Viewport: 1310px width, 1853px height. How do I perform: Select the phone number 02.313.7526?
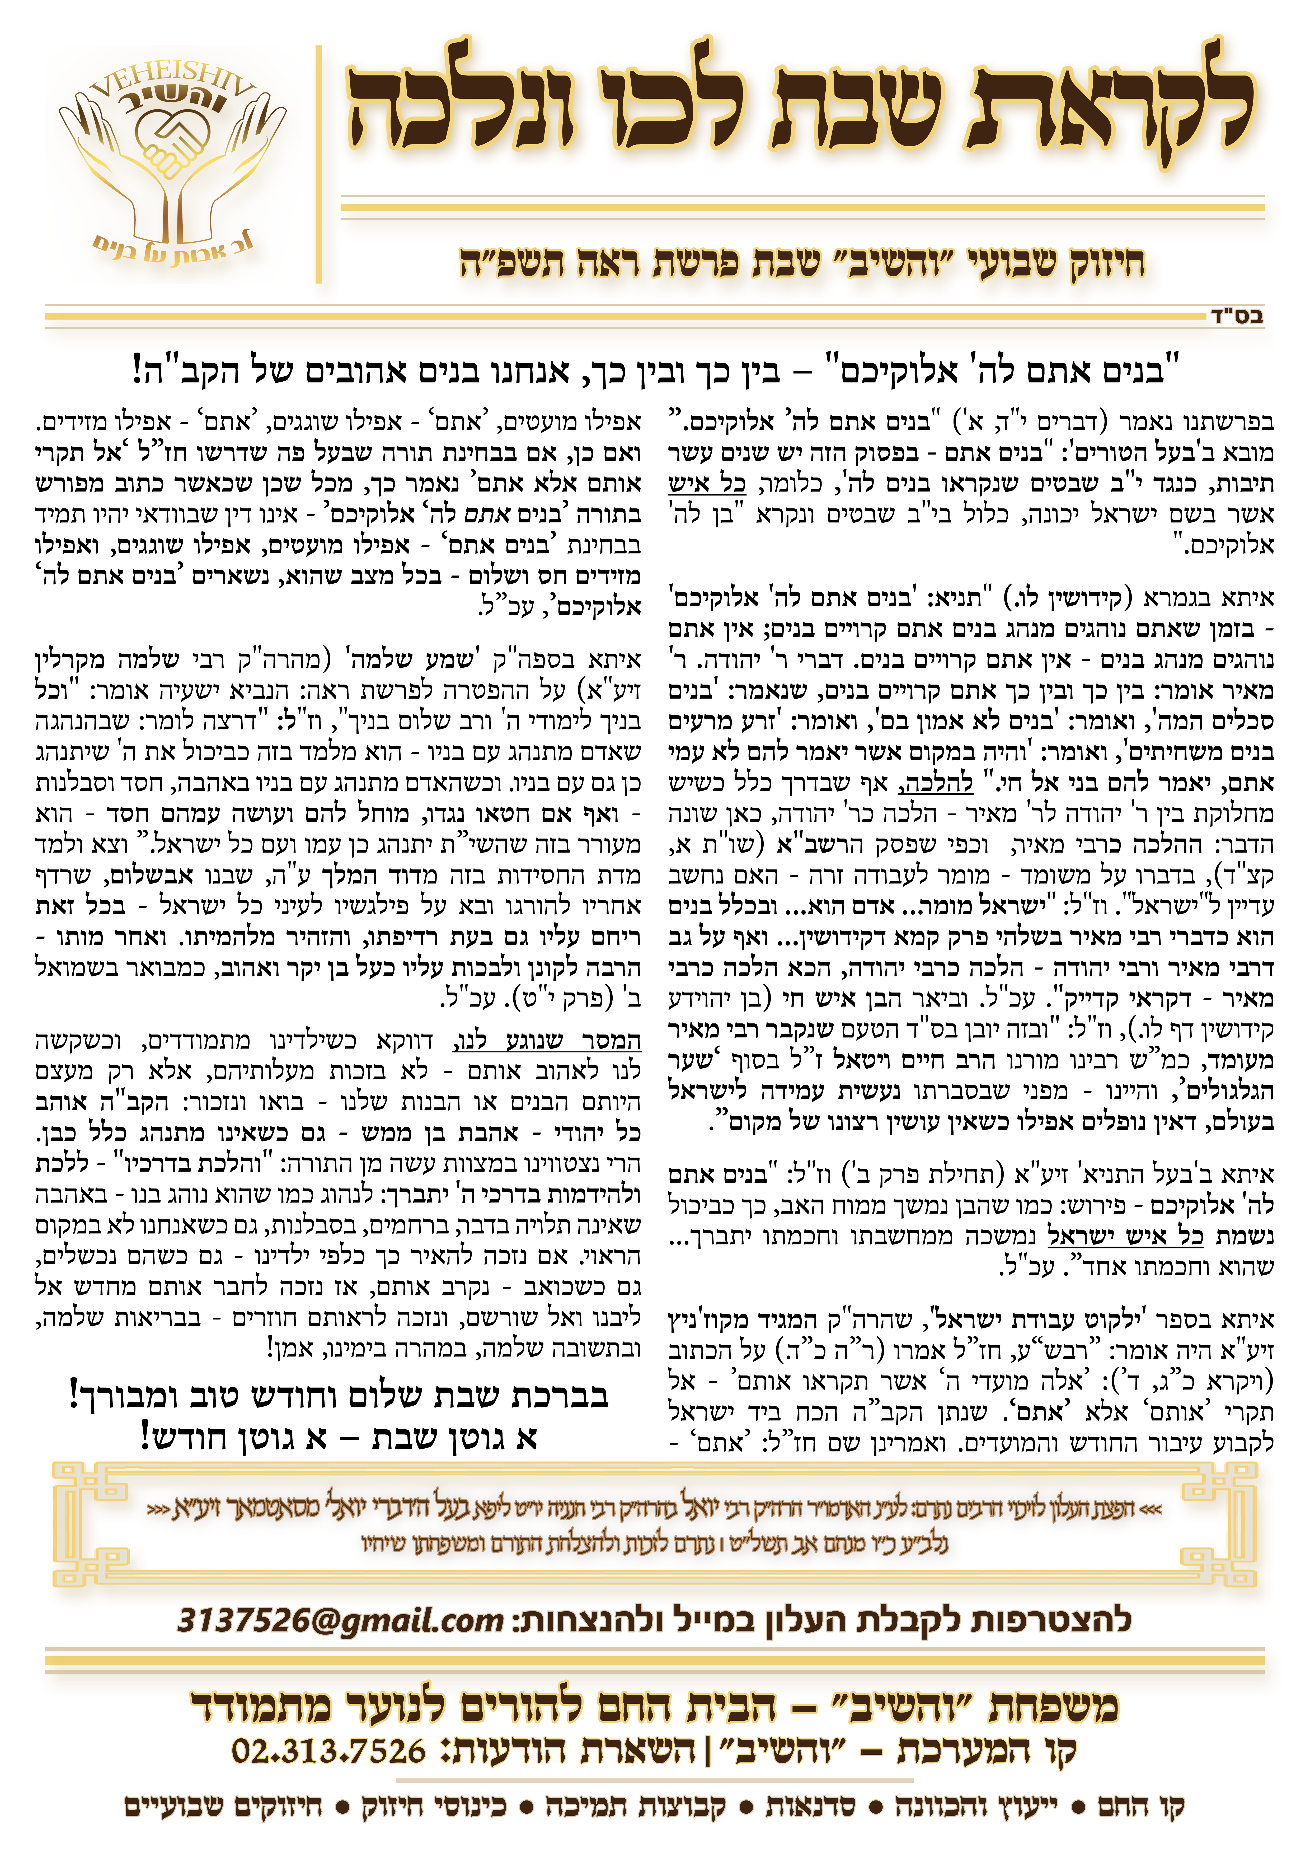328,1751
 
